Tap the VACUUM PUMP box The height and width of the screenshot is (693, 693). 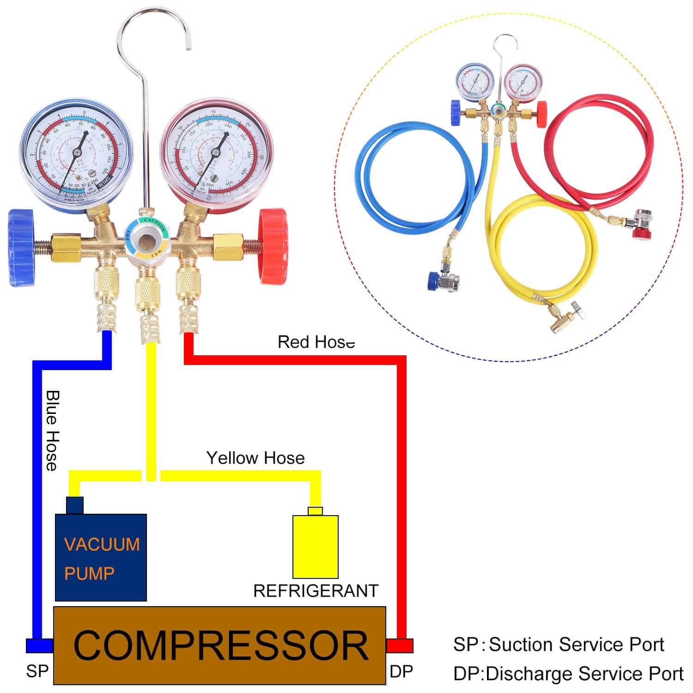point(101,557)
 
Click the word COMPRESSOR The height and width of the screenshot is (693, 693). point(221,645)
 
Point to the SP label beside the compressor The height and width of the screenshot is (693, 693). point(37,671)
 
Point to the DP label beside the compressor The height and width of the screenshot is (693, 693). point(401,671)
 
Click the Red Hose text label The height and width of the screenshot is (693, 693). point(316,342)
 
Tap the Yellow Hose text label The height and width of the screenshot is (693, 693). point(255,458)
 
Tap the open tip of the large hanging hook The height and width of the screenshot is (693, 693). point(188,48)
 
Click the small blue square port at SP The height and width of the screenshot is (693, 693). point(39,645)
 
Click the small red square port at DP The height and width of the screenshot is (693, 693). point(400,645)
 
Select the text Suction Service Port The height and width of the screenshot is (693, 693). point(576,644)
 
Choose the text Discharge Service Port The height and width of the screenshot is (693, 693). point(584,674)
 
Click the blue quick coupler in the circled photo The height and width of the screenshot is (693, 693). point(441,280)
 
